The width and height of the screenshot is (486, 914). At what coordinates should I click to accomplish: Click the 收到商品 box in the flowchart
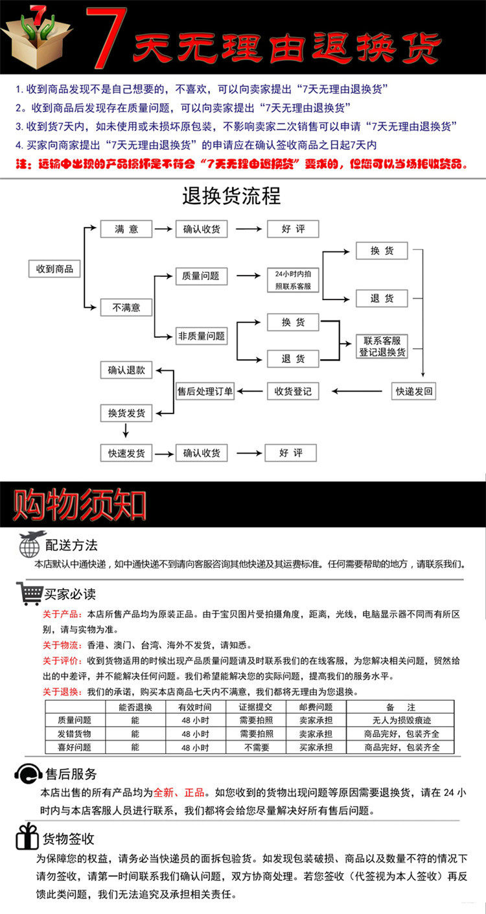coord(55,269)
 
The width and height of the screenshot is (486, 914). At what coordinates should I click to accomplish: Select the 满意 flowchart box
coord(126,229)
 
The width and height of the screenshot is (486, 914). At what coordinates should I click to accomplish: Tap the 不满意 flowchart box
coord(126,307)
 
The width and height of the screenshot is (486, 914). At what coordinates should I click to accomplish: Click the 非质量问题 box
coord(202,336)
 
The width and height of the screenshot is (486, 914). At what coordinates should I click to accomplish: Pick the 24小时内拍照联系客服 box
coord(293,279)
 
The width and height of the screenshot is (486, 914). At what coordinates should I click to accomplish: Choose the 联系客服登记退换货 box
coord(382,346)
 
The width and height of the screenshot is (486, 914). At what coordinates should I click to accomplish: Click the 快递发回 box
coord(415,391)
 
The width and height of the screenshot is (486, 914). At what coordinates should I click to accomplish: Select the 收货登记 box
coord(293,391)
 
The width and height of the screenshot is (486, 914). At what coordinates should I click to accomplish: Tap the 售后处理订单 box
coord(205,392)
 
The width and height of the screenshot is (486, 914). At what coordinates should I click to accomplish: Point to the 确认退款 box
coord(126,370)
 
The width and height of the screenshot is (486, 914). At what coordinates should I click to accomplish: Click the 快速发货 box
coord(126,453)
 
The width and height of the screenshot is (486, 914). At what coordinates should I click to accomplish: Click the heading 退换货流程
coord(231,196)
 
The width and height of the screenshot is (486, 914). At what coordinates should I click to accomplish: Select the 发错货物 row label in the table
coord(75,734)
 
